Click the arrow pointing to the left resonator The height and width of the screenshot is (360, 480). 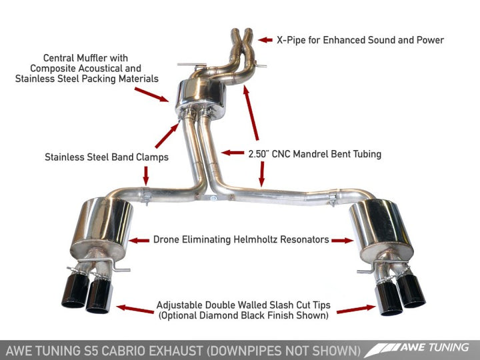140,239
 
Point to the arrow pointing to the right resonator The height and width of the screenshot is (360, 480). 341,239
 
